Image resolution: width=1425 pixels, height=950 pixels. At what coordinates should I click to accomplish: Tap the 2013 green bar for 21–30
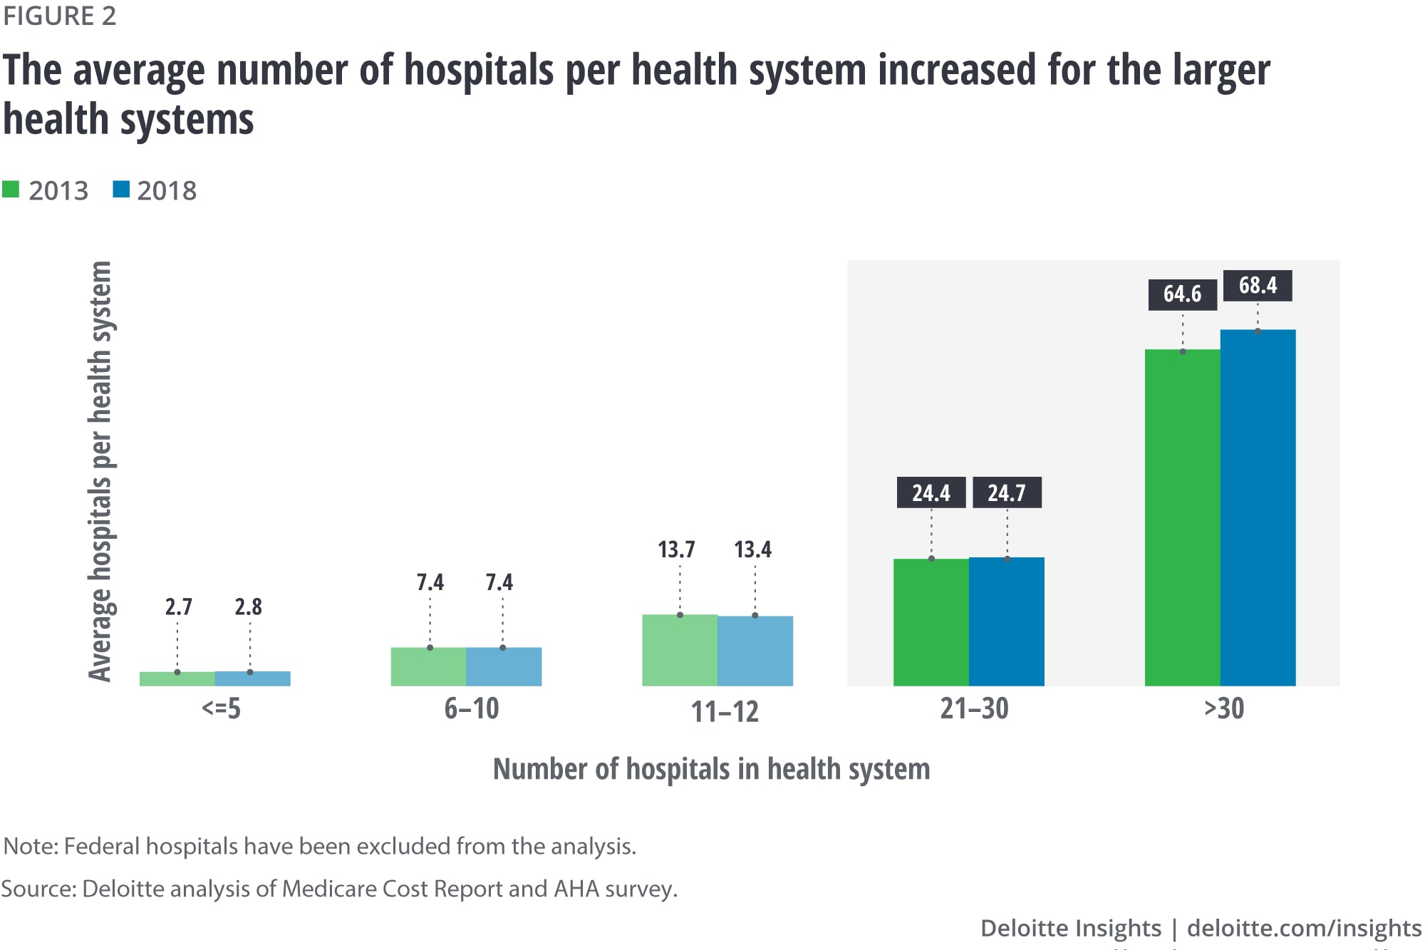(x=931, y=622)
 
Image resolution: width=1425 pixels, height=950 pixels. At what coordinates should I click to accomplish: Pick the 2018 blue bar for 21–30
(x=1006, y=621)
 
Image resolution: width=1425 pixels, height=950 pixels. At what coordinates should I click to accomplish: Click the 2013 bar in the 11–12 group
(x=679, y=650)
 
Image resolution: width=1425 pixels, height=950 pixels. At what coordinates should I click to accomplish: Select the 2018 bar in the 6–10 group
(x=503, y=666)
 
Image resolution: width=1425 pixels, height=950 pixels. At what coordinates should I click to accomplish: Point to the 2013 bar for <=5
(x=177, y=678)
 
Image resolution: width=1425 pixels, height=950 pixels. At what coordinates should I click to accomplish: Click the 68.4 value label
(x=1258, y=286)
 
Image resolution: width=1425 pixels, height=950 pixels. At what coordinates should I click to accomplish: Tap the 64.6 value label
(x=1182, y=294)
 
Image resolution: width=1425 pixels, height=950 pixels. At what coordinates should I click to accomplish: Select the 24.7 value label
(x=1006, y=492)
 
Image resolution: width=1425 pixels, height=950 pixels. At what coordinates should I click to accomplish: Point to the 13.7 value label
(x=675, y=549)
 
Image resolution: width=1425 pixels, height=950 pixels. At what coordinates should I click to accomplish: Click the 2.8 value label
(x=248, y=606)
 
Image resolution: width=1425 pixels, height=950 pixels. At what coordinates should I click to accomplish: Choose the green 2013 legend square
(x=11, y=190)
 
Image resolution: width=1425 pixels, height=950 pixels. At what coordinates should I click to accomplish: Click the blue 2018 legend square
(x=121, y=190)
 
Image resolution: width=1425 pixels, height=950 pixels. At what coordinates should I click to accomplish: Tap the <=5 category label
(x=221, y=709)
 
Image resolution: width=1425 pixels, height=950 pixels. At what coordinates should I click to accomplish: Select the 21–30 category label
(x=974, y=709)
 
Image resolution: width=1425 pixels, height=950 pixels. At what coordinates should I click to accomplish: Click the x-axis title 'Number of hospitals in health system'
(x=711, y=770)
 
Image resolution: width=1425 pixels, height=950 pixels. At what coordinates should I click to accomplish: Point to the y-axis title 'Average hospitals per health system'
(x=100, y=471)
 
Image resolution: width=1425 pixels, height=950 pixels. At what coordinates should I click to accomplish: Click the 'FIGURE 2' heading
(x=59, y=16)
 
